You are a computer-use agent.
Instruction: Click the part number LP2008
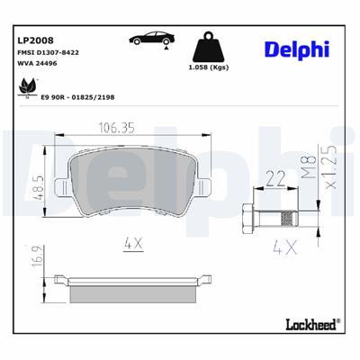(x=36, y=40)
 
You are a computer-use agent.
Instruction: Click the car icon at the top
(x=150, y=39)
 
